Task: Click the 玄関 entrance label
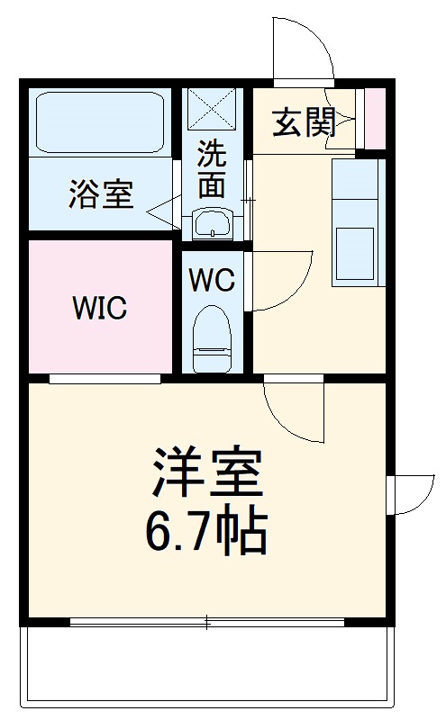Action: click(x=305, y=124)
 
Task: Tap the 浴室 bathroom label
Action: click(x=101, y=193)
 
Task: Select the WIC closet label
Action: click(x=100, y=308)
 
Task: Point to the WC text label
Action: click(x=212, y=280)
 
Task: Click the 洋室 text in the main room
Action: click(x=207, y=473)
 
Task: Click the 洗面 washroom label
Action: click(x=212, y=169)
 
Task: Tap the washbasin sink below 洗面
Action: click(x=213, y=223)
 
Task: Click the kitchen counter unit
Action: click(x=353, y=221)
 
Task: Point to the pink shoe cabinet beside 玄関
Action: click(x=375, y=118)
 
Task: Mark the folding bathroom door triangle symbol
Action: click(x=159, y=212)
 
